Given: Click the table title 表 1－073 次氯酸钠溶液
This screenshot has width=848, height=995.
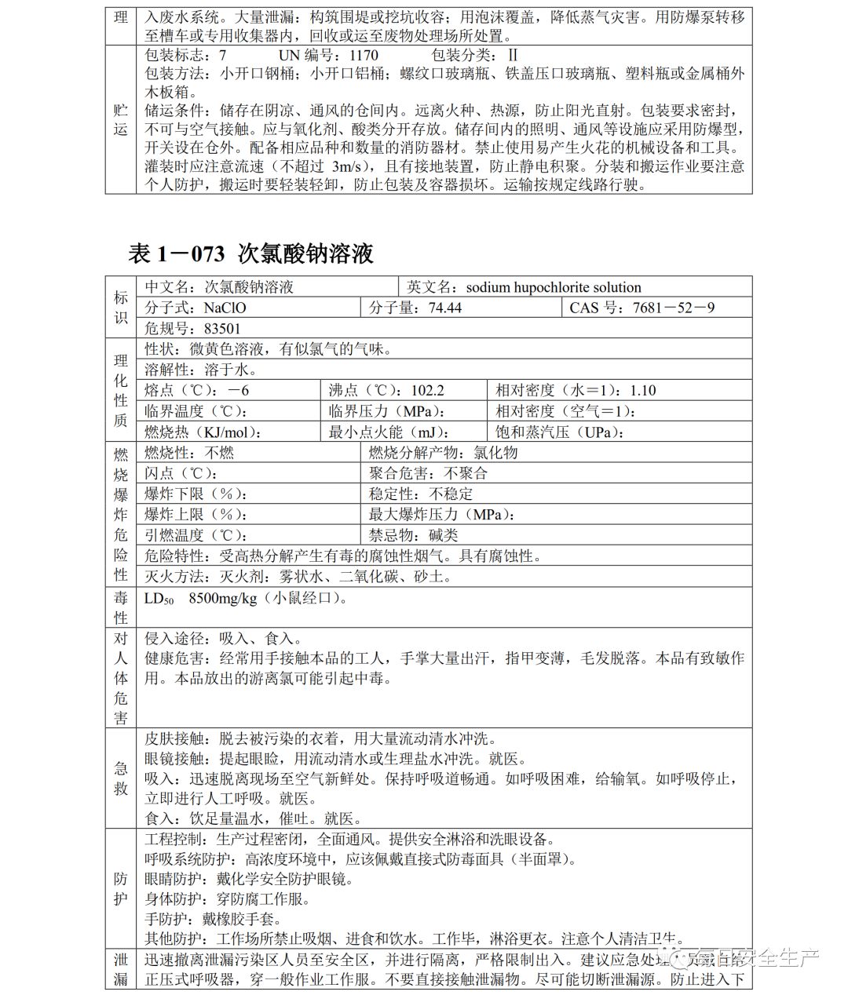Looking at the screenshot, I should (x=250, y=253).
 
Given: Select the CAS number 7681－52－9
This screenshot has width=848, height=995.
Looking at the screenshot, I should (x=674, y=308).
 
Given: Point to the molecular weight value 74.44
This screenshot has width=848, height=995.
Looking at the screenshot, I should (x=445, y=308).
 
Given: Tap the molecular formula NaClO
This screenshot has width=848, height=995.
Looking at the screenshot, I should (x=226, y=308).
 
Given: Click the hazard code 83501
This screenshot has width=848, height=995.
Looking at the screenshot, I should (x=221, y=329).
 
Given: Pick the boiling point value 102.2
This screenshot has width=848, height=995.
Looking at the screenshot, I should (x=427, y=390).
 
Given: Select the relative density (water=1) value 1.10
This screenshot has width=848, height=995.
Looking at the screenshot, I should (x=642, y=390).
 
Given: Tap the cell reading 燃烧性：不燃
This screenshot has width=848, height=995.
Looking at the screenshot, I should (x=189, y=453).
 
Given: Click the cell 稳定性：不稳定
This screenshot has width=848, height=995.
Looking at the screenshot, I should (x=421, y=494).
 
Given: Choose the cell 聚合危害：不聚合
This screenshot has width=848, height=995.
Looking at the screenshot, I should (x=428, y=473).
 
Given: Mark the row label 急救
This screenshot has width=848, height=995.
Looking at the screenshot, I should (x=120, y=778).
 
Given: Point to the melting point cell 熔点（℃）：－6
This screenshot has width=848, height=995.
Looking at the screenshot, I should (x=197, y=390).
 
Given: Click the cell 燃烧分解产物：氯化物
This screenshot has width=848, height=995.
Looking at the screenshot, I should (x=443, y=453).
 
